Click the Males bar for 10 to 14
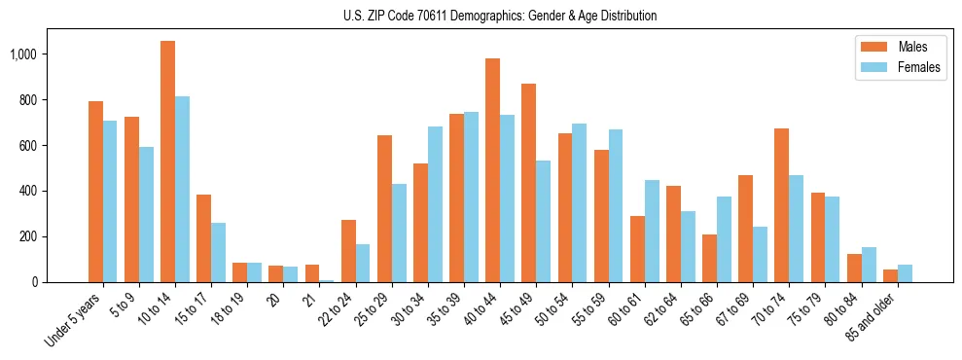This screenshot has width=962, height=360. coord(167,162)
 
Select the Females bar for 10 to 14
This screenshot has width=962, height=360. coord(182,189)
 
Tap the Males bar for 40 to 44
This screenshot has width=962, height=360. coord(492,170)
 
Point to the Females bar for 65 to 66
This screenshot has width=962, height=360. coord(724,239)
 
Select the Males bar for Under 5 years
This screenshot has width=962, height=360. coord(95,192)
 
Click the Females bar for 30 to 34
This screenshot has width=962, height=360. coord(435,204)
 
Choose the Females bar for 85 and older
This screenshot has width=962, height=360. coord(905,273)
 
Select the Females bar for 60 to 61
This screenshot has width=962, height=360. coord(652,231)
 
